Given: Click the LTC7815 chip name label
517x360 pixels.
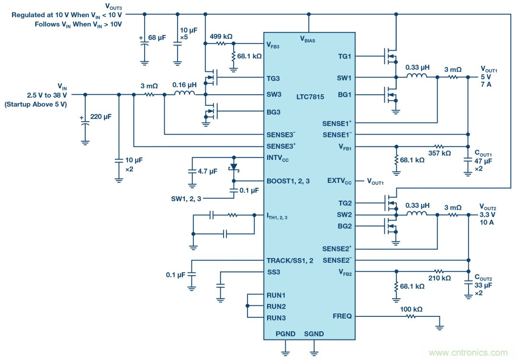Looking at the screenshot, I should [x=310, y=97].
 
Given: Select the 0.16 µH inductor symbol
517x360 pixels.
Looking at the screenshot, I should [x=184, y=94].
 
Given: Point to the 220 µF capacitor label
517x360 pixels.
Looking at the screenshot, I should [x=101, y=116].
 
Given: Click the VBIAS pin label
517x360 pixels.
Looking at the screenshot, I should [x=307, y=39].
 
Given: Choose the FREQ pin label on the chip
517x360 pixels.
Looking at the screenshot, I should [x=342, y=316].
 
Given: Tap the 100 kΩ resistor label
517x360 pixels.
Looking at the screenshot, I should [x=411, y=310].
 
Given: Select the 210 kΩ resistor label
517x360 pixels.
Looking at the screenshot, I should [x=439, y=278].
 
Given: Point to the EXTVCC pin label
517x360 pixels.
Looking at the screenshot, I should [x=339, y=181].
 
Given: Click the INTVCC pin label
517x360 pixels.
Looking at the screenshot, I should [x=278, y=158].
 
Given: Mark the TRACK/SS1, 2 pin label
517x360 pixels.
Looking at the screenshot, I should [x=290, y=261].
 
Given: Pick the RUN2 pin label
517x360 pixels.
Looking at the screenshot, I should [x=276, y=306].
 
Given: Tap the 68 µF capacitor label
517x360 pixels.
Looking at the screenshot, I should [x=158, y=38].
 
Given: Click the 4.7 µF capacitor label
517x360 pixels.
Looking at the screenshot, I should [x=207, y=171].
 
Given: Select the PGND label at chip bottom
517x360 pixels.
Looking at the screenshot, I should [x=285, y=334].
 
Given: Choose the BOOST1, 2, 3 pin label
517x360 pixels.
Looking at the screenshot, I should [x=288, y=181].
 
